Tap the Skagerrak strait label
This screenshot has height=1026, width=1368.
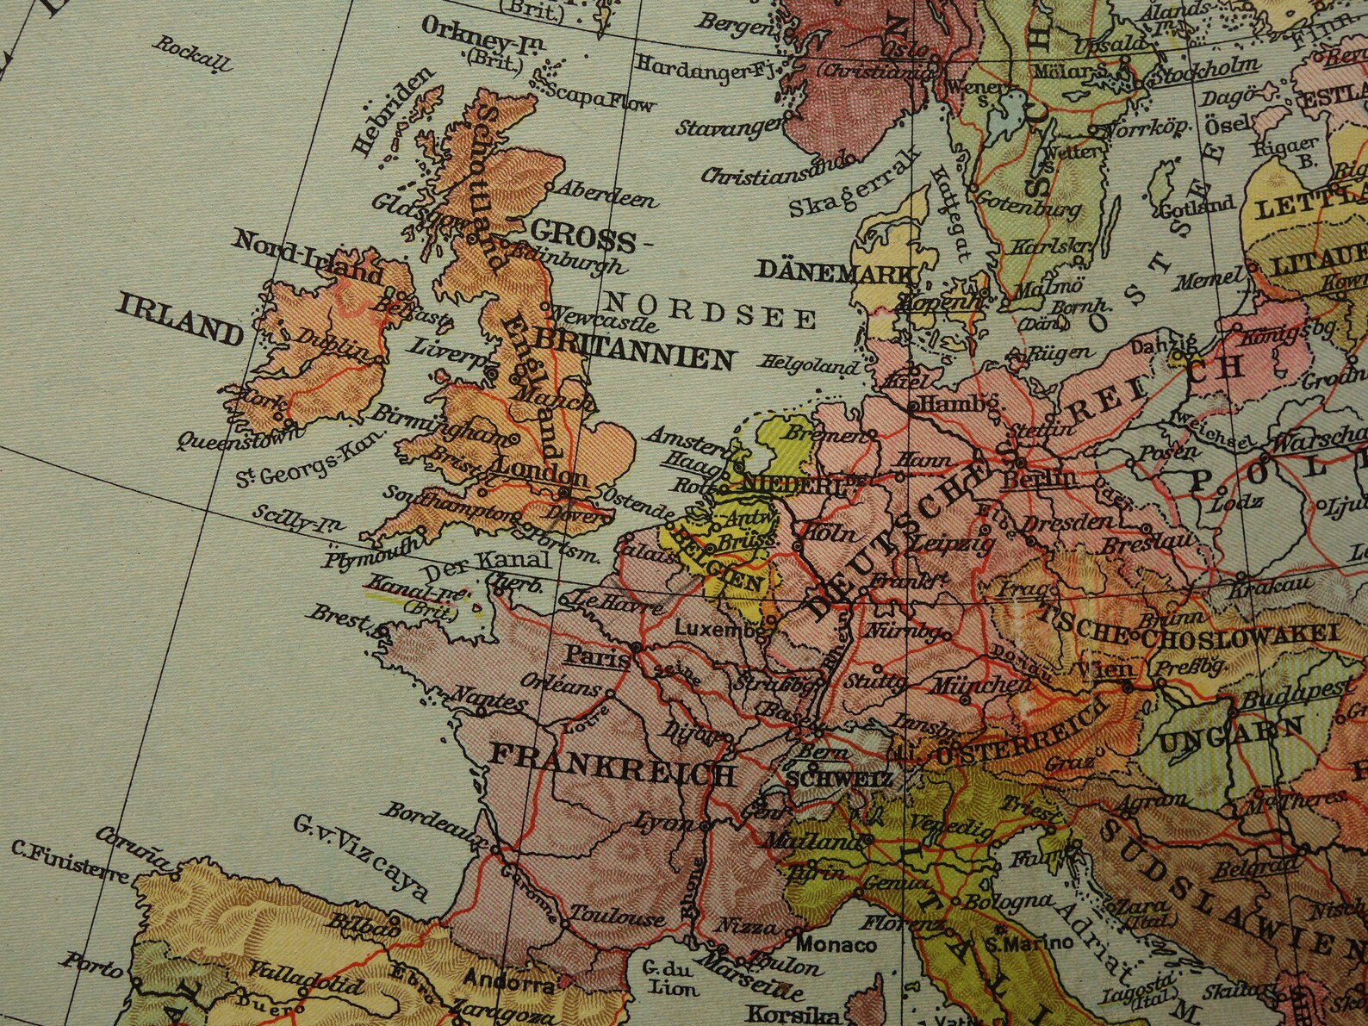[x=855, y=190]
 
